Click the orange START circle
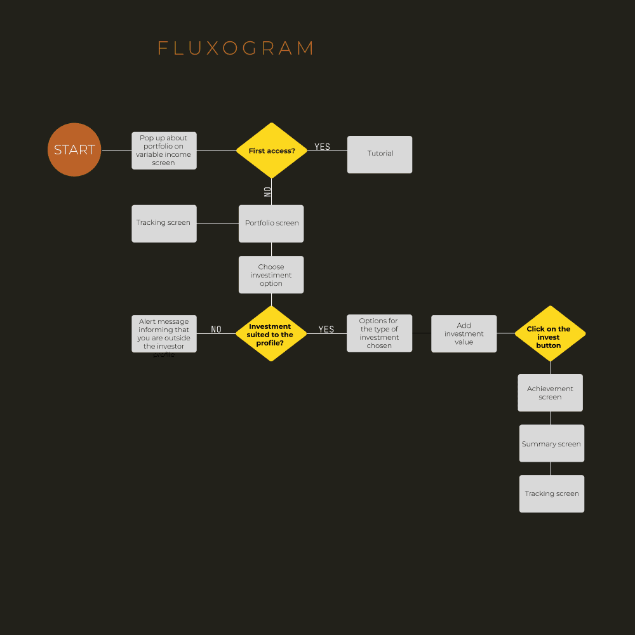(74, 150)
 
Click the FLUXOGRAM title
(236, 48)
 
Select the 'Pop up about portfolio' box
(164, 150)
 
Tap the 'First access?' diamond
(272, 151)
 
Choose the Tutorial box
(380, 154)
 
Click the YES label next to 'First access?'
(323, 147)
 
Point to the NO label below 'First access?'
(267, 190)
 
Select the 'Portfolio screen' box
(271, 224)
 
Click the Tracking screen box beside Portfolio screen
(164, 224)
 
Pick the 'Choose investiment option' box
(271, 275)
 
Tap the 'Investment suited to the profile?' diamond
(271, 334)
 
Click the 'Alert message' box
(164, 334)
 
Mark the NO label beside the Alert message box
(217, 330)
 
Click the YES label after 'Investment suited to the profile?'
(326, 330)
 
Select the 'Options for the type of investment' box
(380, 333)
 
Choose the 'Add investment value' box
(464, 334)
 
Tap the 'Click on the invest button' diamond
(549, 334)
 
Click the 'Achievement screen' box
(550, 393)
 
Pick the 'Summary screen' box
(551, 444)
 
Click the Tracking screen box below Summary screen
(551, 494)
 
